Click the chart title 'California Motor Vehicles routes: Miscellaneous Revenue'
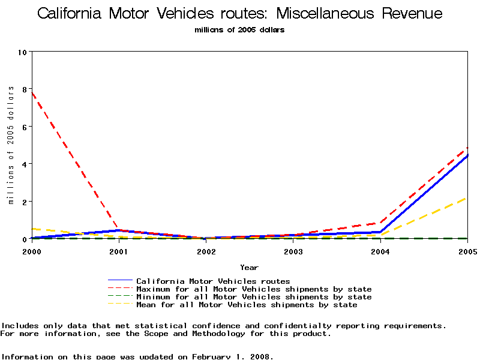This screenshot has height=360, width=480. (240, 14)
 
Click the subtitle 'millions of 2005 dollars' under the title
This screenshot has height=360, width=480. (240, 30)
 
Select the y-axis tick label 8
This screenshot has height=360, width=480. (25, 89)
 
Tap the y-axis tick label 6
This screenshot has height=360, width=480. (25, 127)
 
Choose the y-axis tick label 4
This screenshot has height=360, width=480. (25, 164)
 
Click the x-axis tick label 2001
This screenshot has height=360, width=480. (119, 251)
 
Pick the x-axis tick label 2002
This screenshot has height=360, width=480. (206, 251)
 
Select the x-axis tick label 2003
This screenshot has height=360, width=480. (293, 251)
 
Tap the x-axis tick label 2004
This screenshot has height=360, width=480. (380, 251)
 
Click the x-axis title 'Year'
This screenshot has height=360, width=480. (249, 267)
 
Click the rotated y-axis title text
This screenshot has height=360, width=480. (11, 145)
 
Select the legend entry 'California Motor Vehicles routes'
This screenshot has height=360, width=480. (213, 281)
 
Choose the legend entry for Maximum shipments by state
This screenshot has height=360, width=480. (254, 289)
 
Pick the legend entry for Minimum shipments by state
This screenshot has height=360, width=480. (254, 297)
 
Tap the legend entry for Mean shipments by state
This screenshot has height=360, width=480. (247, 305)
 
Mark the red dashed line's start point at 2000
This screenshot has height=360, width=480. (32, 92)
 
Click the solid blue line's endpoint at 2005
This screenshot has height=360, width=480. (467, 155)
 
